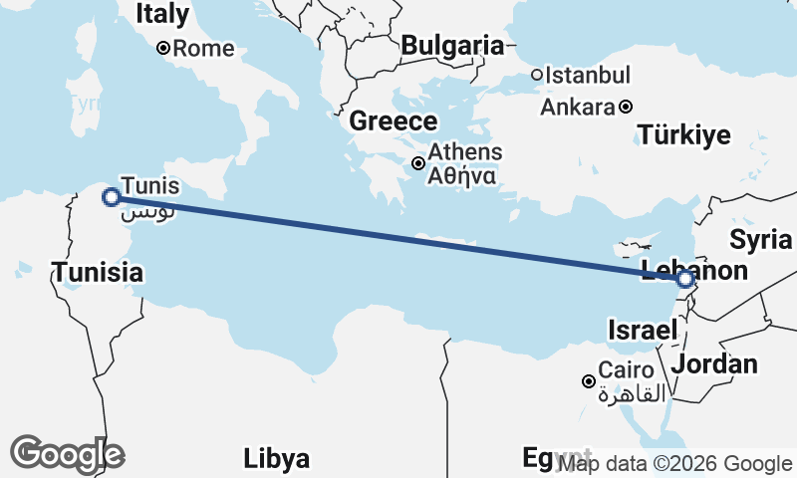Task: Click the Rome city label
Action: pyautogui.click(x=203, y=49)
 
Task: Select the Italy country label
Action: pyautogui.click(x=161, y=14)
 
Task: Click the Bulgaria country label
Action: pyautogui.click(x=452, y=45)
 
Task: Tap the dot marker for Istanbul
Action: pyautogui.click(x=536, y=75)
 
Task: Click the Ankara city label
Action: pyautogui.click(x=577, y=107)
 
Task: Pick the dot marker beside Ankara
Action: pyautogui.click(x=625, y=107)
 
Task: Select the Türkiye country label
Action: pyautogui.click(x=684, y=135)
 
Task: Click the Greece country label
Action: pyautogui.click(x=394, y=122)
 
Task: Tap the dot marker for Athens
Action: pyautogui.click(x=419, y=163)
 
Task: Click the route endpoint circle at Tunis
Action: pyautogui.click(x=112, y=197)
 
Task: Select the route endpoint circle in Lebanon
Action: pyautogui.click(x=684, y=280)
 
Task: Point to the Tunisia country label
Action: pyautogui.click(x=98, y=272)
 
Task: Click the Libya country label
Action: pyautogui.click(x=276, y=459)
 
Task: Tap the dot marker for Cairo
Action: pyautogui.click(x=589, y=381)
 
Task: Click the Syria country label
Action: pyautogui.click(x=760, y=240)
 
